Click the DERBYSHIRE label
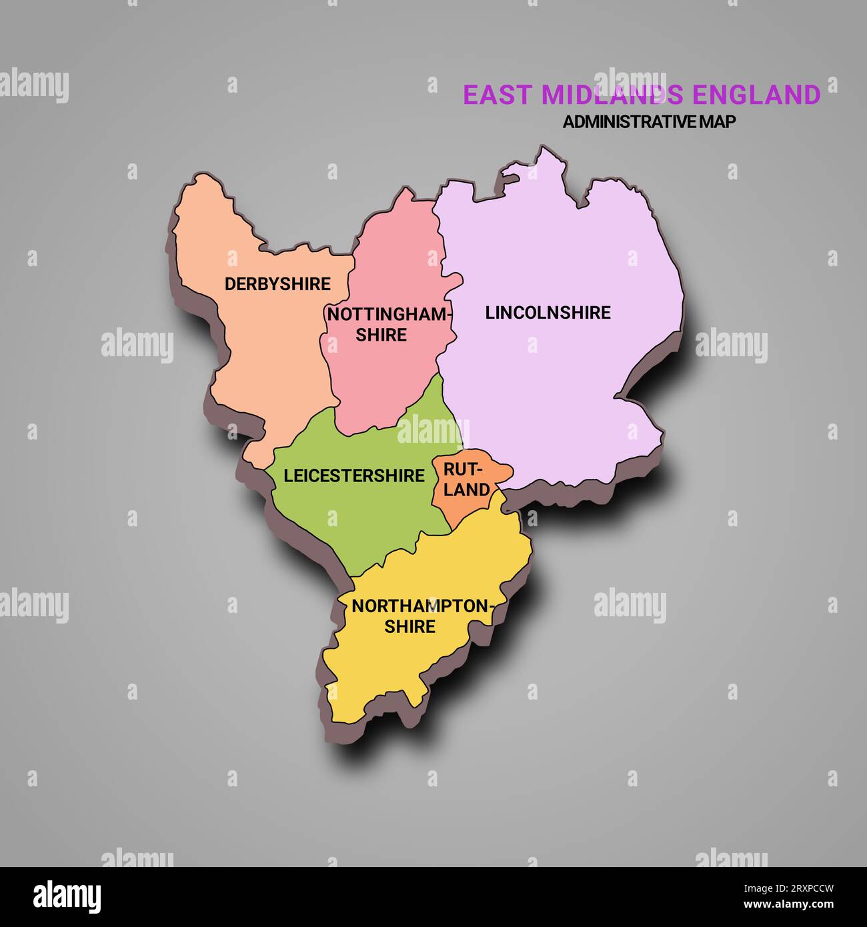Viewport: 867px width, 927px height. coord(277,284)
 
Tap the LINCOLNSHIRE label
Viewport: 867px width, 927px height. coord(548,313)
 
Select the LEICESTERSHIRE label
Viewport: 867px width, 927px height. coord(353,476)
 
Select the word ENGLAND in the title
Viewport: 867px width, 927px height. coord(756,95)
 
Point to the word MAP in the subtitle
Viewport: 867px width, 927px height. coord(716,122)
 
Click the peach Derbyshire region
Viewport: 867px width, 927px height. coord(267,347)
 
